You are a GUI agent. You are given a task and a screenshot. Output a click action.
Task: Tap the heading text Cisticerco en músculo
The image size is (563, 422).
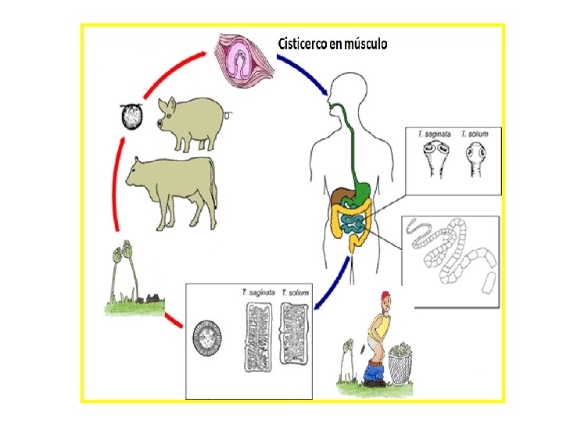pos(332,44)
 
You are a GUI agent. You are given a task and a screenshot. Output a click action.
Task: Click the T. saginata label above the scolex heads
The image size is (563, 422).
pos(432,134)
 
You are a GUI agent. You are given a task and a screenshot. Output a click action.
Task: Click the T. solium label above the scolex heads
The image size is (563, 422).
pos(474,134)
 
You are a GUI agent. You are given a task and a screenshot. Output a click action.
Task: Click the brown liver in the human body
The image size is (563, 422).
pos(341,198)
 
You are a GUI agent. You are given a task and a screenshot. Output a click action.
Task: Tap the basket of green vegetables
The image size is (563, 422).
pos(400,361)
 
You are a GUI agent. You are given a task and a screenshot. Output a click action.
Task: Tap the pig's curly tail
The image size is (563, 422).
pos(229,114)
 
